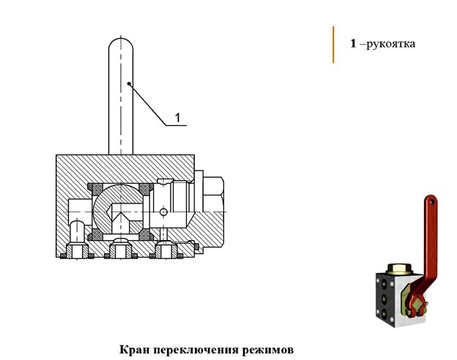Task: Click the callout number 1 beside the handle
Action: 177,118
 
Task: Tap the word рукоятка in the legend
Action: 390,44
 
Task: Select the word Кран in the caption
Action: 134,350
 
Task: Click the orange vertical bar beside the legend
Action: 333,45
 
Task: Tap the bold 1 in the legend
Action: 353,44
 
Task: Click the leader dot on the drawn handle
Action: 129,83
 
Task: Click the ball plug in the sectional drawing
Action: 118,210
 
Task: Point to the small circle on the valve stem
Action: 164,212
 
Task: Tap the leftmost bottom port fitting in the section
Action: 77,251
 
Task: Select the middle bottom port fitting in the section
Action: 121,251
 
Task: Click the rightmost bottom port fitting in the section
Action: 166,251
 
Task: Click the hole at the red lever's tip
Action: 432,201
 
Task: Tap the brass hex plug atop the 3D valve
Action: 400,269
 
